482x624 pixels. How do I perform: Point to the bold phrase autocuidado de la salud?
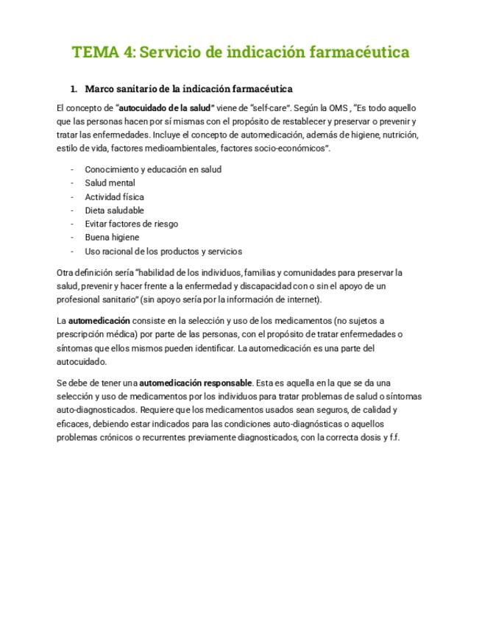click(165, 107)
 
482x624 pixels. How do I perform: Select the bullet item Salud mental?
click(110, 183)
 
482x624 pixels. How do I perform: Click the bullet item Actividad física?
click(114, 196)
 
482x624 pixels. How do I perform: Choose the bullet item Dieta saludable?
click(114, 210)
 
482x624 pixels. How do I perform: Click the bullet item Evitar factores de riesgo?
click(131, 224)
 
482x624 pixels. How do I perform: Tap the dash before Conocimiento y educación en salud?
click(72, 169)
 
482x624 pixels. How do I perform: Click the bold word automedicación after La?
click(99, 321)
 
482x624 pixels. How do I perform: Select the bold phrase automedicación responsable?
click(196, 383)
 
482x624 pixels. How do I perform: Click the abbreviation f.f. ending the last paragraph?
click(391, 437)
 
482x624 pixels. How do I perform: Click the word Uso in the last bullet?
click(92, 252)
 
